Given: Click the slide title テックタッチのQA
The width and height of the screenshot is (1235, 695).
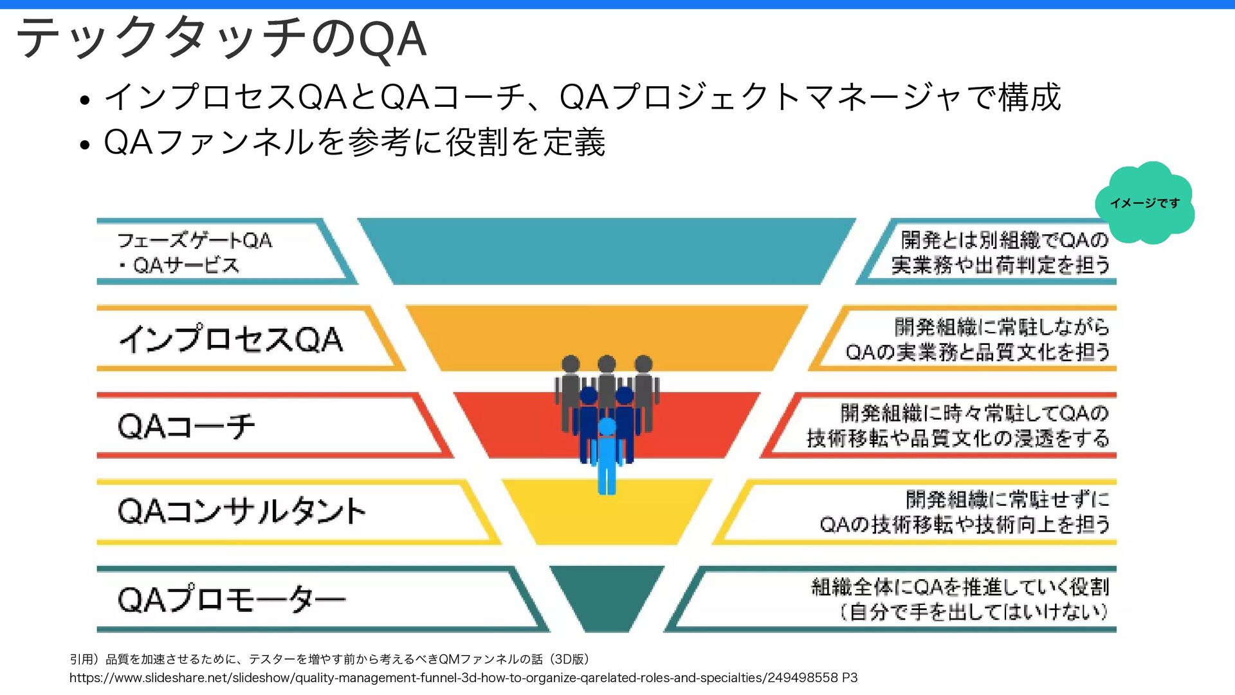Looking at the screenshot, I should tap(221, 39).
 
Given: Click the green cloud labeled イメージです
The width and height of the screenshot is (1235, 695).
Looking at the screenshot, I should tap(1144, 203).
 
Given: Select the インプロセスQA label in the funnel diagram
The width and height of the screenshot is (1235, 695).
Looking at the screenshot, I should tap(231, 338).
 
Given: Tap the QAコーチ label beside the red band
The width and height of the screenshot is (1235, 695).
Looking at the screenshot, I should tap(187, 425).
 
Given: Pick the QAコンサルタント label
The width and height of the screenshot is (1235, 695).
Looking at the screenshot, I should tap(241, 512).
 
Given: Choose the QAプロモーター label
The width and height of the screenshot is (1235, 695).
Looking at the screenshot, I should tap(232, 599).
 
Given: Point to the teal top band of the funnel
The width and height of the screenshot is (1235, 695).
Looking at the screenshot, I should tap(606, 251).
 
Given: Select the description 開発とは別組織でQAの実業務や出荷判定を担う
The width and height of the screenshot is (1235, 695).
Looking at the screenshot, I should tap(1000, 252).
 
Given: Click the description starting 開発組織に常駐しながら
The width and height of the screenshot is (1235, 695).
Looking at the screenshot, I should tap(978, 338).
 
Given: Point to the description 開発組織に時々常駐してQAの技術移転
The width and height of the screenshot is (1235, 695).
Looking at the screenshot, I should tap(958, 425).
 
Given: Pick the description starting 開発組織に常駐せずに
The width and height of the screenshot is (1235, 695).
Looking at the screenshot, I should tap(965, 512).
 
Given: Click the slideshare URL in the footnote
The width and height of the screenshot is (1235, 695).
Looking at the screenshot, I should tap(463, 678).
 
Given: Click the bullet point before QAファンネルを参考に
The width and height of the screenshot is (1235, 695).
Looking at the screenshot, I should tap(84, 145).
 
